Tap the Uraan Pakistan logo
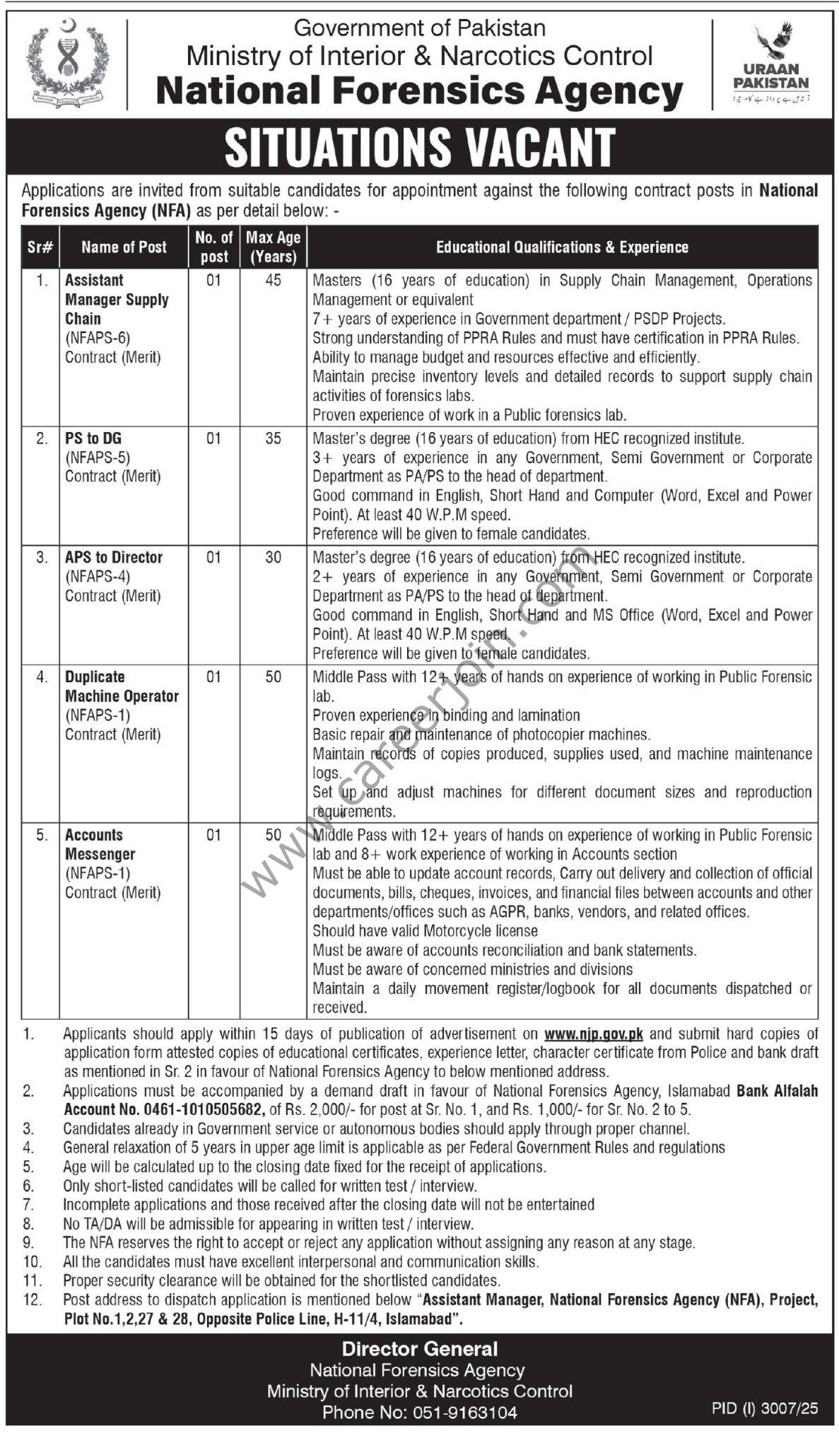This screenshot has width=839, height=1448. tap(770, 64)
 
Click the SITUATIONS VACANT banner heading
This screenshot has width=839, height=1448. tap(420, 148)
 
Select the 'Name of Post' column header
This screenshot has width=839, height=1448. tap(124, 247)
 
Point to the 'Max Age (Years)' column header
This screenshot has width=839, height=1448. tap(273, 247)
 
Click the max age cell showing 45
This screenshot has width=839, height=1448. tap(273, 281)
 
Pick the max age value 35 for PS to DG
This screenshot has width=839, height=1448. tap(273, 439)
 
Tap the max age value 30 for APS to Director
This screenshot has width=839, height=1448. tap(273, 558)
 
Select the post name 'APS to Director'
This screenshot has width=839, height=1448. tap(114, 558)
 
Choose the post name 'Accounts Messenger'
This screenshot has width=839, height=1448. tap(100, 844)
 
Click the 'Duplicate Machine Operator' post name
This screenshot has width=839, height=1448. tap(122, 687)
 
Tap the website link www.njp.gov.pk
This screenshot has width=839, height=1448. tap(593, 1034)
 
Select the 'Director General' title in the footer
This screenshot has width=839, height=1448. tap(420, 1349)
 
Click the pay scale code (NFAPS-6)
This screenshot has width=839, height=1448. tap(98, 338)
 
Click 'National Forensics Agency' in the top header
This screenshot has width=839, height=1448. tap(419, 90)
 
